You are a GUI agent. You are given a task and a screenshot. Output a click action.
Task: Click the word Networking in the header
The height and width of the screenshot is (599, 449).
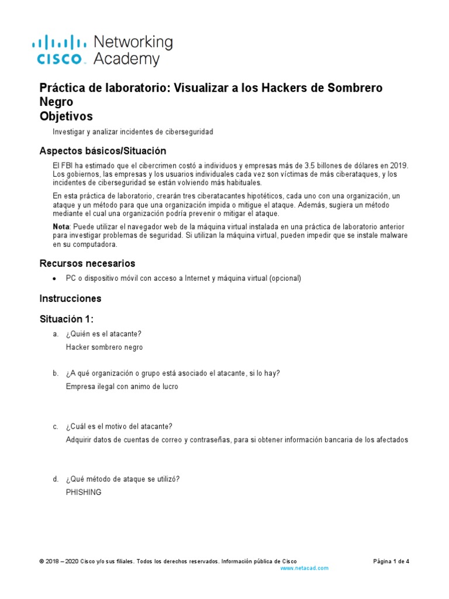pyautogui.click(x=133, y=42)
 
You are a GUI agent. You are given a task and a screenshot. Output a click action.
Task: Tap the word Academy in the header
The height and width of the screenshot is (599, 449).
pyautogui.click(x=126, y=59)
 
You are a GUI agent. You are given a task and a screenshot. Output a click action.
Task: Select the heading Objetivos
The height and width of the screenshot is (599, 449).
pyautogui.click(x=65, y=116)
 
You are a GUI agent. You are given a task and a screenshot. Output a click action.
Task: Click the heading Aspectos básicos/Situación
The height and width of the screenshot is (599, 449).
pyautogui.click(x=102, y=151)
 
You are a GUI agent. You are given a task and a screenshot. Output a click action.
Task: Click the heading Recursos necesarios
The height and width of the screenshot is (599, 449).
pyautogui.click(x=87, y=263)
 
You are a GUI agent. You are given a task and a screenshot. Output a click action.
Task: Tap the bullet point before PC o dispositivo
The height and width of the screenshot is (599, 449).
pyautogui.click(x=54, y=278)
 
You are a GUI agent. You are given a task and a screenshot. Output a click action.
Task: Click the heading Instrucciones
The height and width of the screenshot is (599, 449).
pyautogui.click(x=70, y=298)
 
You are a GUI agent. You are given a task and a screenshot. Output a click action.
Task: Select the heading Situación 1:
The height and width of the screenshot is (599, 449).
pyautogui.click(x=66, y=319)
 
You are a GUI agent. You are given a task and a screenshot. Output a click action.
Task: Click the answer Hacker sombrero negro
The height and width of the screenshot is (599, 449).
pyautogui.click(x=105, y=347)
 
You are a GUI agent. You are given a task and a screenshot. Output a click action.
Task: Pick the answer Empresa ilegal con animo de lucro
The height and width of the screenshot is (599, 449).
pyautogui.click(x=122, y=387)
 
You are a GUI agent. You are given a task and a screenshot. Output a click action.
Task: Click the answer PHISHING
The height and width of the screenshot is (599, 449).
pyautogui.click(x=84, y=493)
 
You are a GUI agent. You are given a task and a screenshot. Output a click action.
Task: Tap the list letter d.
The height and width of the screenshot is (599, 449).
pyautogui.click(x=54, y=479)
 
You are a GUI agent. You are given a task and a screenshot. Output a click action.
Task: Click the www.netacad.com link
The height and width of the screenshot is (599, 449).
pyautogui.click(x=304, y=568)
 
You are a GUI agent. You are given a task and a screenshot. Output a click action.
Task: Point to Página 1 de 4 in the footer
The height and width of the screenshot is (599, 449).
pyautogui.click(x=391, y=561)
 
